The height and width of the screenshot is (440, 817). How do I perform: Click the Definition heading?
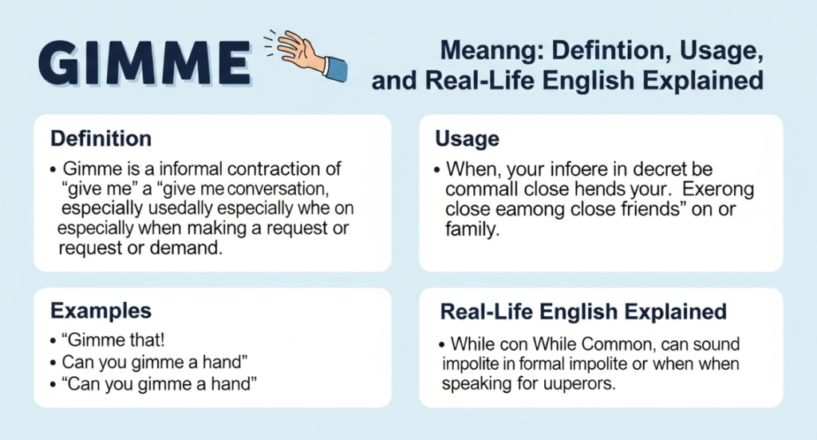point(101,138)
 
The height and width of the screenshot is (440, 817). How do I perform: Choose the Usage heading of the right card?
point(467,138)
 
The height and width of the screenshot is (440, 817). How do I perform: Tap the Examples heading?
point(101,311)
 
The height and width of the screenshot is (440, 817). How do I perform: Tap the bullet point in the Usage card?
point(439,171)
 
